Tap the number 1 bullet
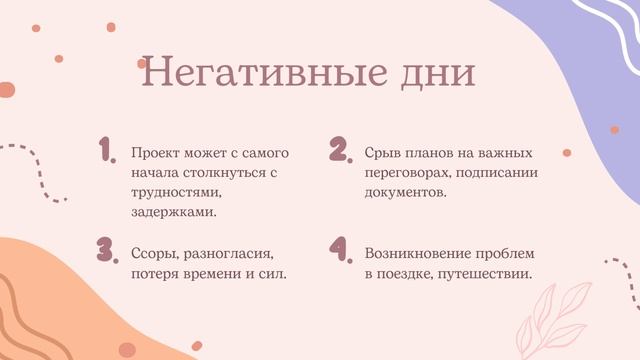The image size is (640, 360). click(x=107, y=151)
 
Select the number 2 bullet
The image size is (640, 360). click(x=339, y=151)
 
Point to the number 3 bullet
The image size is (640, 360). click(x=107, y=250)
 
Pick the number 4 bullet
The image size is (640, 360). click(x=340, y=250)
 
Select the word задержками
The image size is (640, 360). click(x=173, y=211)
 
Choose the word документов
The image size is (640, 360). click(x=405, y=192)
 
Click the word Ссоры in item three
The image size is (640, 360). click(x=154, y=253)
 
